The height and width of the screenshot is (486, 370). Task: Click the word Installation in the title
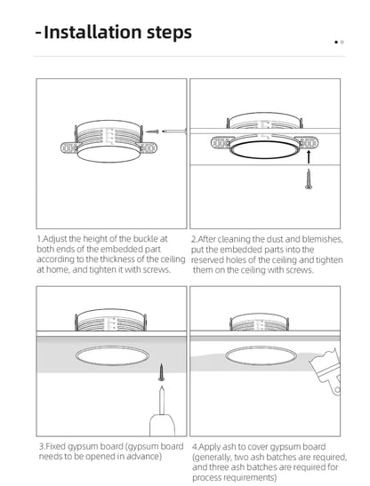[97, 34]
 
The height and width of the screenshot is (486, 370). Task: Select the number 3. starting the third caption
[41, 446]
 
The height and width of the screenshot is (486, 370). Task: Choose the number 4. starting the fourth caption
[195, 446]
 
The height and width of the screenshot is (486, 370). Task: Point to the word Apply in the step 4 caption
[212, 446]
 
